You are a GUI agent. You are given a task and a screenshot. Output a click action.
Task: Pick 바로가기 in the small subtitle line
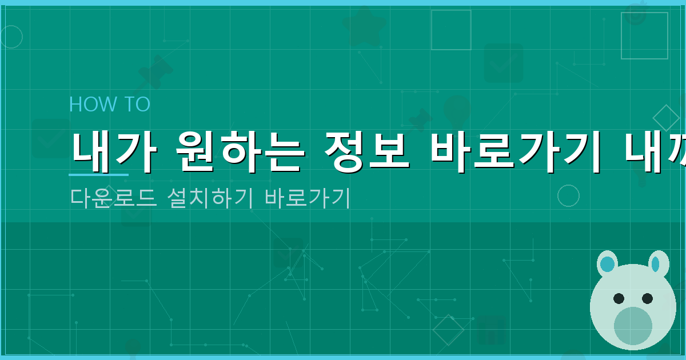[x=307, y=198]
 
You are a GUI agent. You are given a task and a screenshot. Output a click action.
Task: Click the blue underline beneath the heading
[x=98, y=174]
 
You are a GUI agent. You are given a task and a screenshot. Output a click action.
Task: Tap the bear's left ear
[x=607, y=264]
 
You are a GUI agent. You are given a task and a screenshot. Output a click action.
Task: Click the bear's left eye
[x=619, y=298]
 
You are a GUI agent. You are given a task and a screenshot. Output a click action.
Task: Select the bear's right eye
[x=647, y=298]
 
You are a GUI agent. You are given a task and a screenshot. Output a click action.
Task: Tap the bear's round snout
[x=633, y=326]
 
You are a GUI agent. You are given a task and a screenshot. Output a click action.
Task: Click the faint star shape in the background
[x=364, y=27]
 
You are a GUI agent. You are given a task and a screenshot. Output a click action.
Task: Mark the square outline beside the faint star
[x=451, y=30]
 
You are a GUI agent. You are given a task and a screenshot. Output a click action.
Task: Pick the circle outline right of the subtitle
[x=568, y=195]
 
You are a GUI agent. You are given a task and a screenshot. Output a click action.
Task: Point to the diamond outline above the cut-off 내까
[x=666, y=118]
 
